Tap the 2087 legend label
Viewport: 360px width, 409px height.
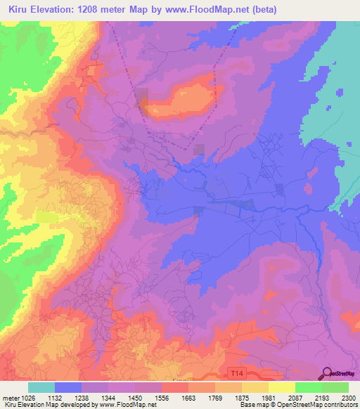click(x=295, y=397)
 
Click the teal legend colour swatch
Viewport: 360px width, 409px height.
click(x=41, y=387)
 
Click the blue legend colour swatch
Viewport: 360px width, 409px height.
click(x=68, y=387)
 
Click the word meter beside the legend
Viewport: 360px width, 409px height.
click(x=11, y=397)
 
